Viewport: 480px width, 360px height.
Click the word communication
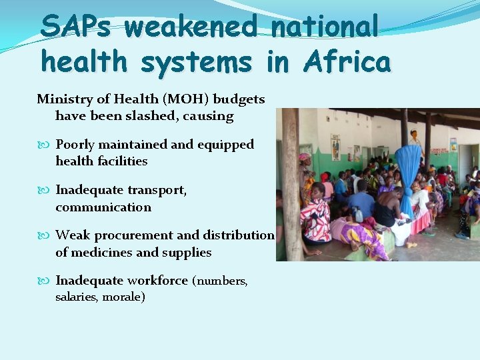tap(103, 207)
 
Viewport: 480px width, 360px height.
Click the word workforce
tap(157, 281)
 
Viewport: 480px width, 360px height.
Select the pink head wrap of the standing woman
tap(304, 158)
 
